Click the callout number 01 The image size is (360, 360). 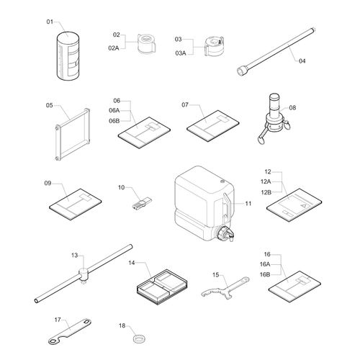pos(50,22)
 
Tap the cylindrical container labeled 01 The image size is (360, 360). pos(68,55)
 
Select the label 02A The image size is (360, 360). pos(114,48)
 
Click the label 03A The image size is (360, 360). pos(181,53)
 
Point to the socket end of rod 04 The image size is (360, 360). pos(243,71)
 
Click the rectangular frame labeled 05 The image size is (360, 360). pos(72,135)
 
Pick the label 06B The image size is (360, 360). pos(114,121)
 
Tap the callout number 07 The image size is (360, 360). pos(185,104)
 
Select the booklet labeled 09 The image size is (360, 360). pos(75,204)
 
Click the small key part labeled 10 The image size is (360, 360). pos(142,204)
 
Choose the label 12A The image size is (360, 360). pos(266,181)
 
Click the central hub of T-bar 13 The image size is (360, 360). pos(84,274)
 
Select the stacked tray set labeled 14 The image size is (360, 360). pos(162,287)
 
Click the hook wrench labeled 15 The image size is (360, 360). pos(225,287)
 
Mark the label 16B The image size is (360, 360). pos(265,274)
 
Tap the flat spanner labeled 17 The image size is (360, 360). pos(69,331)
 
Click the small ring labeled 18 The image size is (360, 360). pos(139,339)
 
